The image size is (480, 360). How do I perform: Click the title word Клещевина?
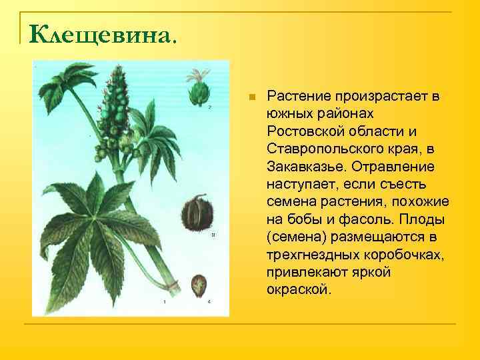click(x=99, y=32)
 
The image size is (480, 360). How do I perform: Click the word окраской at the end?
click(x=296, y=290)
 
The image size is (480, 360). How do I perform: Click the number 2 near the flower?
click(x=209, y=107)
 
